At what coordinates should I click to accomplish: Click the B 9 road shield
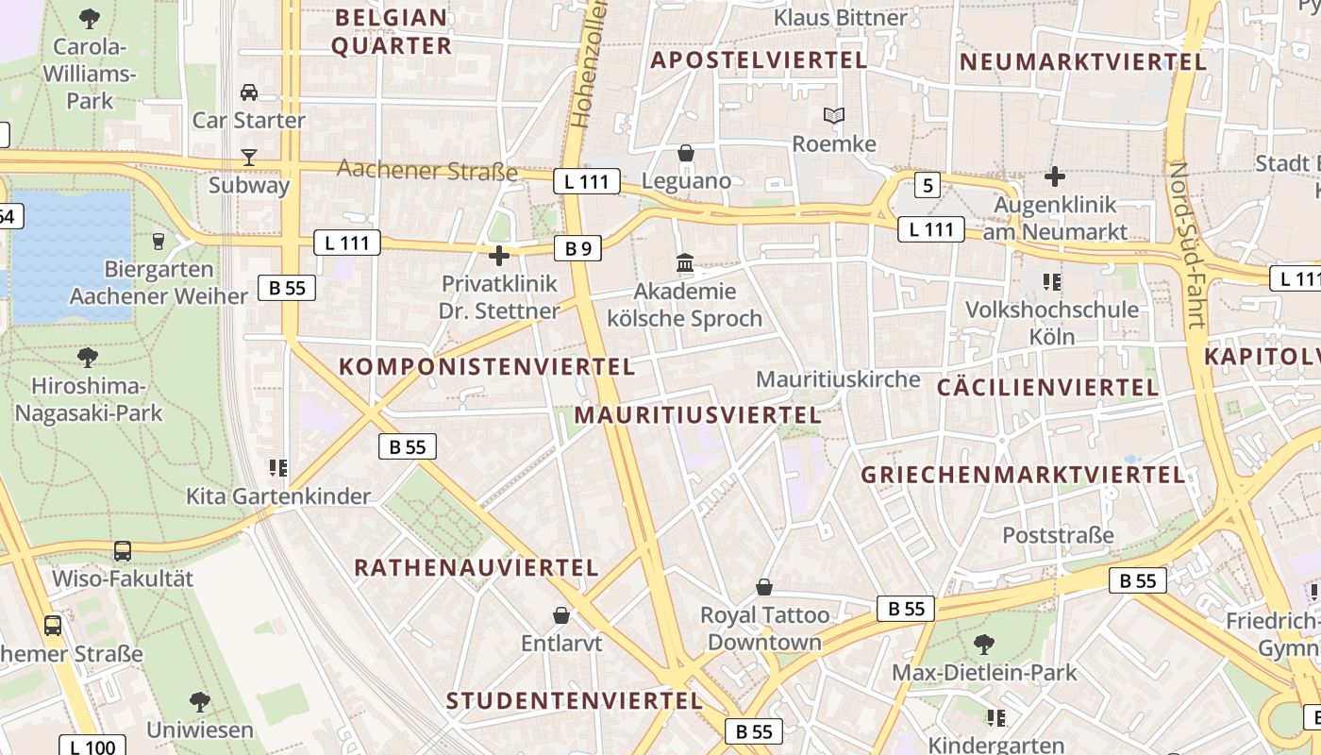pyautogui.click(x=577, y=248)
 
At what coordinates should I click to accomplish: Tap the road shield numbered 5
pyautogui.click(x=928, y=185)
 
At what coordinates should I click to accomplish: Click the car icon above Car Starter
pyautogui.click(x=249, y=92)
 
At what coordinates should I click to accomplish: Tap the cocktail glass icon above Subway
pyautogui.click(x=249, y=157)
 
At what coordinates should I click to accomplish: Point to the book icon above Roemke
pyautogui.click(x=833, y=116)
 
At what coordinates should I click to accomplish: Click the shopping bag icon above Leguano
pyautogui.click(x=686, y=153)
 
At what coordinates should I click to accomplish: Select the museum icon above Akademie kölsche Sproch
pyautogui.click(x=685, y=263)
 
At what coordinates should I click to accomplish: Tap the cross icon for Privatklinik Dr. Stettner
pyautogui.click(x=499, y=256)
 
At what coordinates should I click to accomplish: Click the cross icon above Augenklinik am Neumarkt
pyautogui.click(x=1055, y=176)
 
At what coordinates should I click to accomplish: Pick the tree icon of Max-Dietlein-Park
pyautogui.click(x=984, y=645)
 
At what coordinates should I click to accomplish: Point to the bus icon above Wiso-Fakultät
pyautogui.click(x=123, y=550)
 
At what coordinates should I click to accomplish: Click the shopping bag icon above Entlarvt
pyautogui.click(x=561, y=615)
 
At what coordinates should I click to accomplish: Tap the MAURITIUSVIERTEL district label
pyautogui.click(x=697, y=415)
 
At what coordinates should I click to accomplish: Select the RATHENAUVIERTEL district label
pyautogui.click(x=477, y=567)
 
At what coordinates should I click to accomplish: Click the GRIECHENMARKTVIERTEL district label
pyautogui.click(x=1023, y=475)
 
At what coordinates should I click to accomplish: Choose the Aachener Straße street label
pyautogui.click(x=427, y=171)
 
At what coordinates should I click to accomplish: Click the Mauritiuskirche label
pyautogui.click(x=838, y=379)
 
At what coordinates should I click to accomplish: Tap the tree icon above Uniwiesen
pyautogui.click(x=199, y=701)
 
